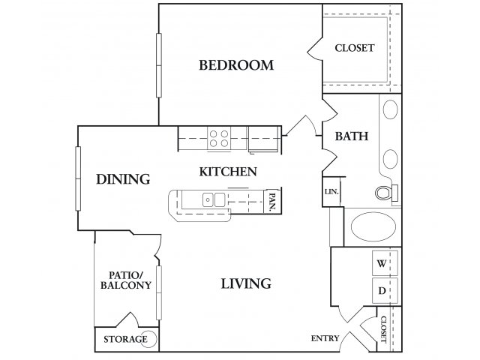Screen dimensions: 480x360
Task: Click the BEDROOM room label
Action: [236, 65]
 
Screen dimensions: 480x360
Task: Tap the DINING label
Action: [123, 179]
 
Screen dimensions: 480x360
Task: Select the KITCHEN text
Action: [228, 172]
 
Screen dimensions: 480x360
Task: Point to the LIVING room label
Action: [246, 283]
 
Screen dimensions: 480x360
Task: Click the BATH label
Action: [352, 136]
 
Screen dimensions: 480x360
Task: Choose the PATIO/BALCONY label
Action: [126, 280]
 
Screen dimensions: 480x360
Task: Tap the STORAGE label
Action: [125, 339]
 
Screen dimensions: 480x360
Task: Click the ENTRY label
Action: [325, 338]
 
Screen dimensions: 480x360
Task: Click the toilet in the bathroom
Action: [386, 193]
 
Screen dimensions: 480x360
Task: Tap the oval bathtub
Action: [373, 226]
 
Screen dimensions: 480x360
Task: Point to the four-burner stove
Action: [219, 138]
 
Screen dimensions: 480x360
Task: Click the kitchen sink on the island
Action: [214, 199]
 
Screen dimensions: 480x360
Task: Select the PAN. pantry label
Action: [272, 201]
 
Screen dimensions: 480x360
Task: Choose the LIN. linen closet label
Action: [331, 192]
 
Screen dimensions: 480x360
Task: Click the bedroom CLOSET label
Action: [354, 48]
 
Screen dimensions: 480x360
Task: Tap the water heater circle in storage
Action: [149, 339]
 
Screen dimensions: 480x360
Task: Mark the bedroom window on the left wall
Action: [159, 65]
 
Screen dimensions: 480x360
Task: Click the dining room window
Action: [78, 178]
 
